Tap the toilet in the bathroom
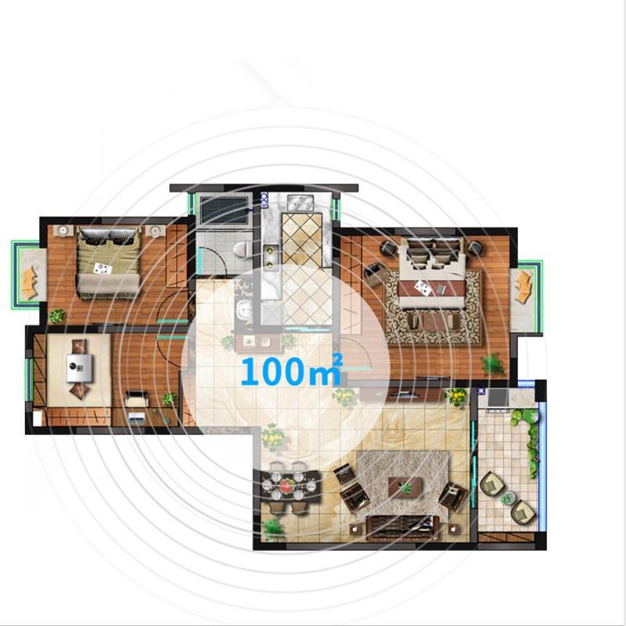[241, 250]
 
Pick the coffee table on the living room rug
[405, 487]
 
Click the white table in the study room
[79, 365]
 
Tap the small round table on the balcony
[508, 498]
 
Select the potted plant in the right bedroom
[492, 363]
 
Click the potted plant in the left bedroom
[57, 316]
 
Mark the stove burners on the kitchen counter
[272, 255]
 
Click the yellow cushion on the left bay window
[30, 282]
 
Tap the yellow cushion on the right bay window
[522, 287]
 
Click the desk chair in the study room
[135, 400]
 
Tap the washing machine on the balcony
[497, 397]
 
